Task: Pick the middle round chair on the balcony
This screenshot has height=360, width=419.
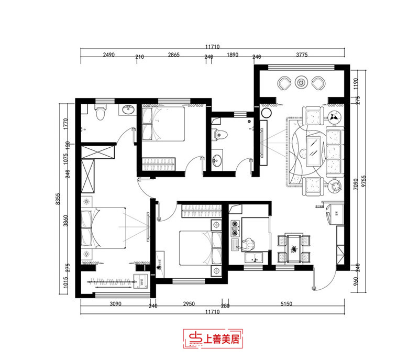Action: tap(301, 82)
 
